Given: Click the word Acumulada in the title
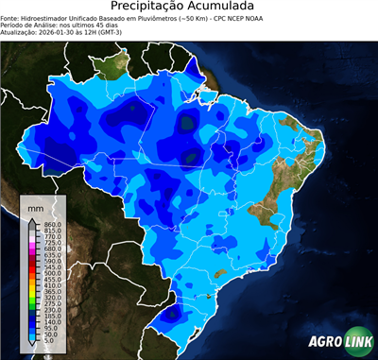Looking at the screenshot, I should (226, 7).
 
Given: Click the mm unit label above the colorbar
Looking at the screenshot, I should (35, 206).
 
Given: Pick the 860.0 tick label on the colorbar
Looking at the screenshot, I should (52, 223).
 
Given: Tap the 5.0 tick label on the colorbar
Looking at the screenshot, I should (49, 342).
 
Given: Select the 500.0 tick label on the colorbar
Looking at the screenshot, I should (52, 273).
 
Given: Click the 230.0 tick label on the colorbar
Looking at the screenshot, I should (52, 310).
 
